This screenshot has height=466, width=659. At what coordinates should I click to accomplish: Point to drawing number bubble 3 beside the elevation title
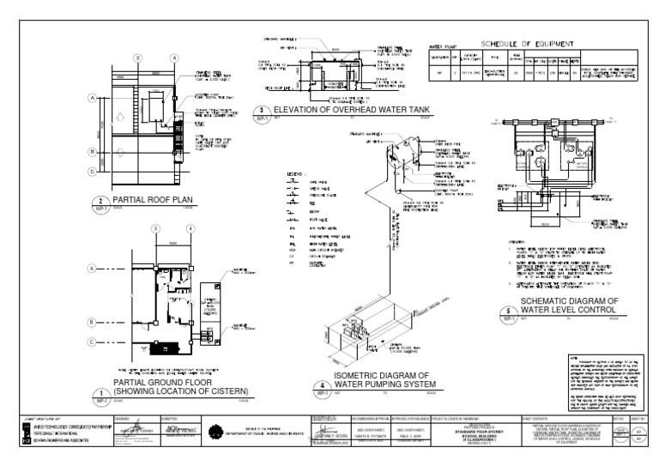point(262,112)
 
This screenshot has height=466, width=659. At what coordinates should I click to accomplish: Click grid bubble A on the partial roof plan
point(91,98)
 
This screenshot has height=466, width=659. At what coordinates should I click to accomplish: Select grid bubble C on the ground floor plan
point(91,342)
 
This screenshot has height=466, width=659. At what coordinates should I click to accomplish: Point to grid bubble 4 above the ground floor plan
point(175,229)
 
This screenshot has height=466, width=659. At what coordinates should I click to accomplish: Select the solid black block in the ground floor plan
point(160,349)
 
